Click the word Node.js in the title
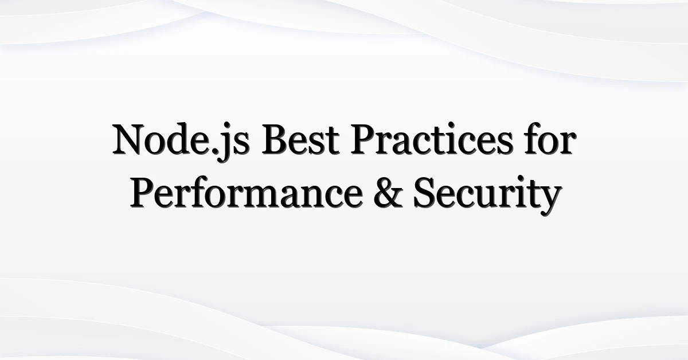181,140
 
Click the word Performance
247,194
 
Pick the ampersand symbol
388,193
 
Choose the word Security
487,195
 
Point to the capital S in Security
425,193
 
